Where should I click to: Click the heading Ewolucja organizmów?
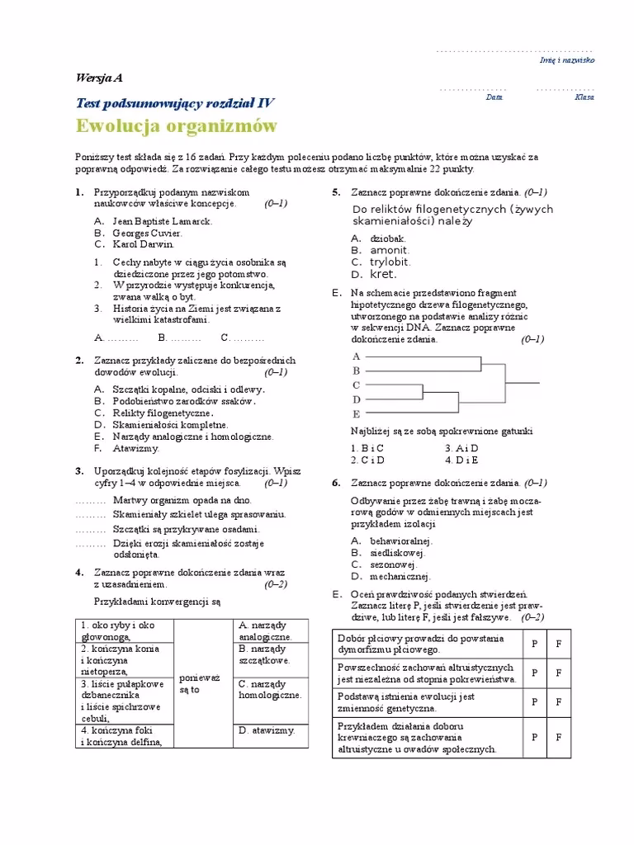(x=177, y=126)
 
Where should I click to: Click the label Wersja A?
(x=98, y=78)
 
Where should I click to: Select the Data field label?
(x=494, y=97)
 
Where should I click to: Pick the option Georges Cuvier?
(x=148, y=233)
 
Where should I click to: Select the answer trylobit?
(x=389, y=262)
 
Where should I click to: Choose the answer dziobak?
(x=388, y=238)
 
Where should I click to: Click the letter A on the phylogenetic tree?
(x=357, y=356)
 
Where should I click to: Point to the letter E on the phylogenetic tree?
(x=357, y=413)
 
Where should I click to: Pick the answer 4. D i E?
(x=461, y=460)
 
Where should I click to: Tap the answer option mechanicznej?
(x=400, y=576)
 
